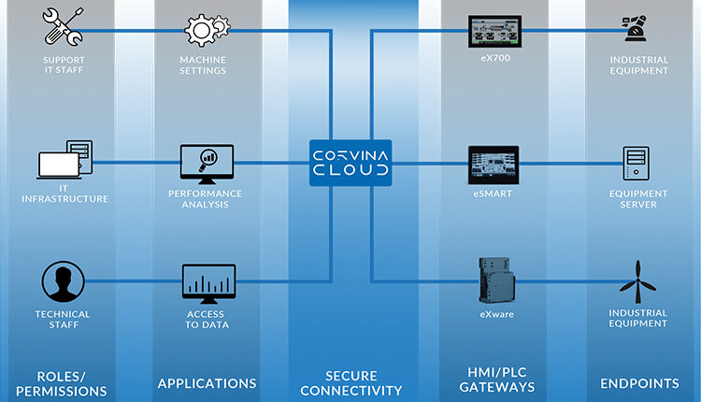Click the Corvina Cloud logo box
coord(350,161)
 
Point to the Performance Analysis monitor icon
coord(207,165)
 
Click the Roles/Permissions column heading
coord(64,382)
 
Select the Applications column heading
coord(207,383)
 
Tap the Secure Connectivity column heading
coord(350,382)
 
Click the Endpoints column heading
coord(638,383)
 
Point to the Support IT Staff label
coord(64,66)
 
